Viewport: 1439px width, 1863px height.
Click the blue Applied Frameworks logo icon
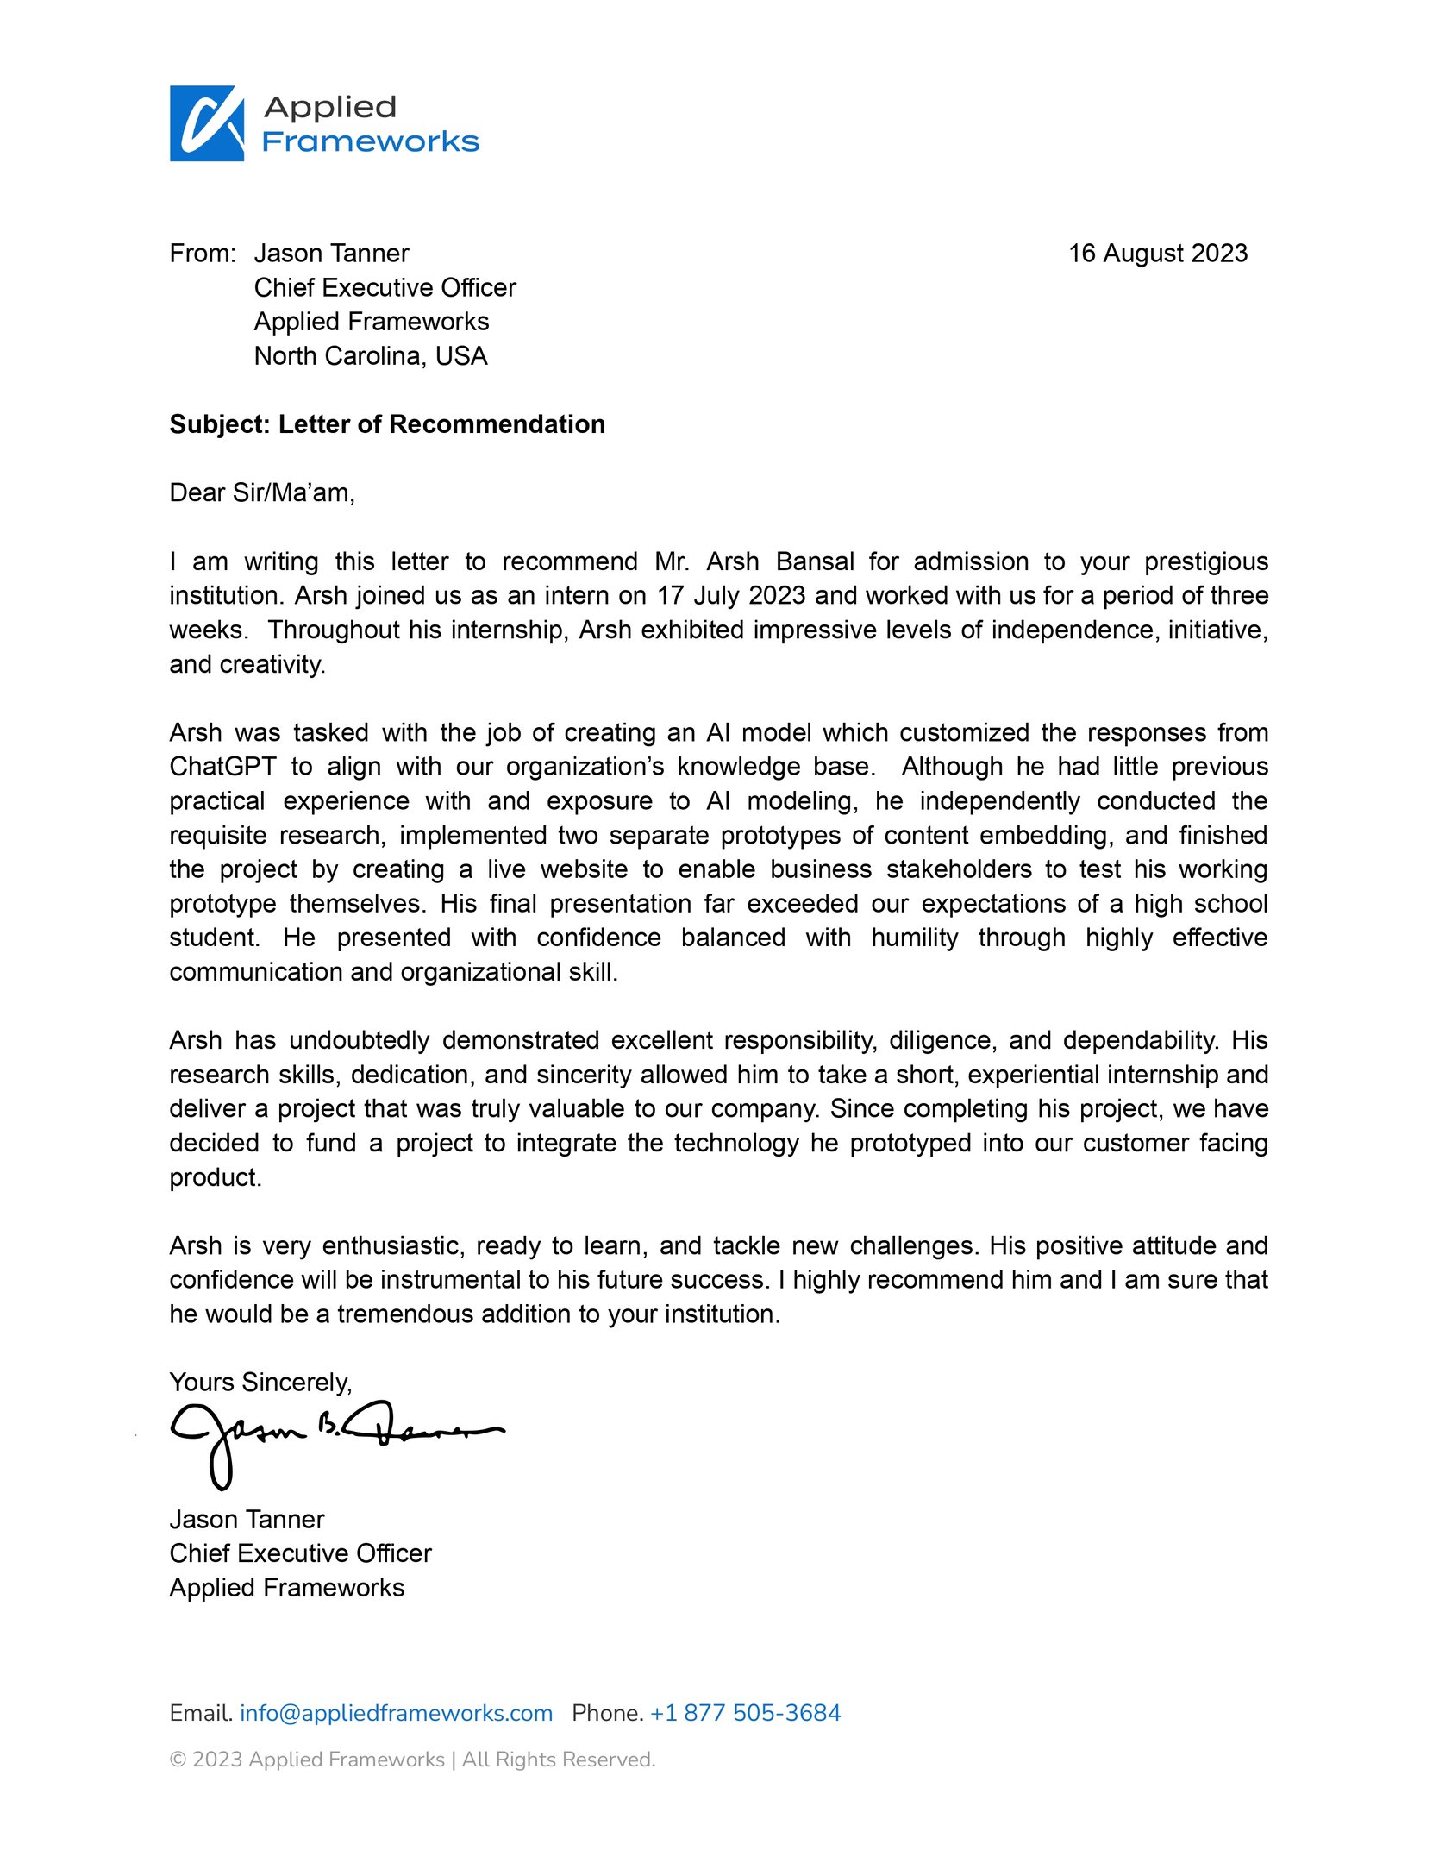207,123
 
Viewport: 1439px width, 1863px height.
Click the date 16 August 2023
1157,253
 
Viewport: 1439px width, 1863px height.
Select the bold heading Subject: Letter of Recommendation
387,424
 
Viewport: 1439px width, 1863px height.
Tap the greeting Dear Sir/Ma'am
262,492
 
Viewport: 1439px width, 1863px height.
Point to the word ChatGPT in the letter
222,766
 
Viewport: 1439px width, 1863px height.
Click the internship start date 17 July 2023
731,595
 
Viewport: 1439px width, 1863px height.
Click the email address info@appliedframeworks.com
396,1712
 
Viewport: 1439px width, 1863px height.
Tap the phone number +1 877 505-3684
745,1712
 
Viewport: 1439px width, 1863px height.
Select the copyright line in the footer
412,1759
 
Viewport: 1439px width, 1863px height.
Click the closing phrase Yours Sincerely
260,1382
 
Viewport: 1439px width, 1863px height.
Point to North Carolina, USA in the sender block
371,355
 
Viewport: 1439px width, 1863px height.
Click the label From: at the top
203,253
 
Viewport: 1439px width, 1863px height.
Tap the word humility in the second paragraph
914,937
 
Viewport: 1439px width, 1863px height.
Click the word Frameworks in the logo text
370,141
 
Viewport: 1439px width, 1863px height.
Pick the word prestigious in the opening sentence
1205,561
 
